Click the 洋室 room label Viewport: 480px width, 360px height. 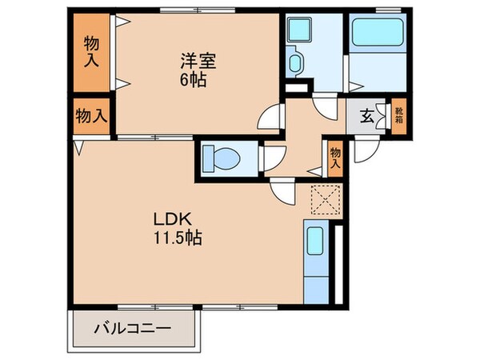[x=198, y=60]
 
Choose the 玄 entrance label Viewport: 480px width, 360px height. [x=366, y=117]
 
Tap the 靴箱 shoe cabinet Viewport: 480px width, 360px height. [x=398, y=117]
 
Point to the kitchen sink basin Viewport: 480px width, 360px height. [x=315, y=240]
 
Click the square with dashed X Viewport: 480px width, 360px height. [x=326, y=198]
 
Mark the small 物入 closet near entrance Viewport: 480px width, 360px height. [x=335, y=156]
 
